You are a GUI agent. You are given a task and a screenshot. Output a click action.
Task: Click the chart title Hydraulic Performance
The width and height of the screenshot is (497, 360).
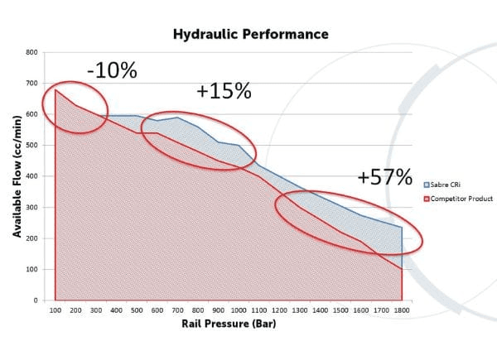click(x=251, y=34)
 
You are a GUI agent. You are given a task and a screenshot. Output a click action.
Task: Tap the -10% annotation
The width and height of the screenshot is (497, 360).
click(x=112, y=70)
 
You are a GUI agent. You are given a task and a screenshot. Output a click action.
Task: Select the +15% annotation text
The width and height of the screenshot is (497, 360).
click(x=224, y=91)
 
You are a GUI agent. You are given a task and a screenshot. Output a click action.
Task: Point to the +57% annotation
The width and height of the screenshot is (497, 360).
click(x=385, y=177)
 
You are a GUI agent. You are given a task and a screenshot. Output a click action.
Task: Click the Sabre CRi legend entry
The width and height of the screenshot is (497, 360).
click(x=442, y=185)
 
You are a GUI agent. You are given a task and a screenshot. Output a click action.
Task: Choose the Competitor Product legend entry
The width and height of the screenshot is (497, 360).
click(x=458, y=199)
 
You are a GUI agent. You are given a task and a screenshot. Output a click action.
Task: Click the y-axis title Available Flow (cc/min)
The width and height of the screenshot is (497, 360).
click(x=17, y=176)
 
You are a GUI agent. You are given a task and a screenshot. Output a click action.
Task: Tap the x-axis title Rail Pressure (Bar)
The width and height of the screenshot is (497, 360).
click(x=229, y=324)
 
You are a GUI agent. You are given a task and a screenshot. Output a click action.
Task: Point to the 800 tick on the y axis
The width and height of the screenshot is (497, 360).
click(x=31, y=52)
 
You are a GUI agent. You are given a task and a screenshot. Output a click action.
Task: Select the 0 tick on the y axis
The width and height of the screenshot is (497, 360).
click(x=36, y=300)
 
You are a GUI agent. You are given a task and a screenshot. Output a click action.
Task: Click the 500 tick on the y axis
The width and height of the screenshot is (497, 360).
click(x=31, y=146)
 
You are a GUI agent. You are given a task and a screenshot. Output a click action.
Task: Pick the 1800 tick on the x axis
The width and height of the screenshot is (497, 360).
click(x=402, y=310)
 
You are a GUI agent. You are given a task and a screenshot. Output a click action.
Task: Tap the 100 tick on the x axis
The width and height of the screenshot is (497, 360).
click(x=55, y=310)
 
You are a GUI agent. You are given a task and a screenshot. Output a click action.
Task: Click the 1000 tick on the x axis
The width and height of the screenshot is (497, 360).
click(x=239, y=310)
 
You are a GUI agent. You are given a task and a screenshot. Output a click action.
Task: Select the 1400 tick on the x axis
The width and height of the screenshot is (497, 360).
click(x=320, y=310)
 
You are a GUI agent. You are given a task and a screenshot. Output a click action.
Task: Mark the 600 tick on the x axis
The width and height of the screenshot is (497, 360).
click(x=157, y=310)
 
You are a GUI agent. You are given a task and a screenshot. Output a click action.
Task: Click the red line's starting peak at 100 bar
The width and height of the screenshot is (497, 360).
click(x=55, y=90)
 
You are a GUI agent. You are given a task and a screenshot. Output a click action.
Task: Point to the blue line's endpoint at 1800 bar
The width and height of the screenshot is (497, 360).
click(x=402, y=227)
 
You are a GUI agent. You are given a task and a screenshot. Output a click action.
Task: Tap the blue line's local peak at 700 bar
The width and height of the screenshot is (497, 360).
click(x=177, y=118)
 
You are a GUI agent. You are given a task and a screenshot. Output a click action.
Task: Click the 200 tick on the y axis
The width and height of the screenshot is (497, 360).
click(x=31, y=238)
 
